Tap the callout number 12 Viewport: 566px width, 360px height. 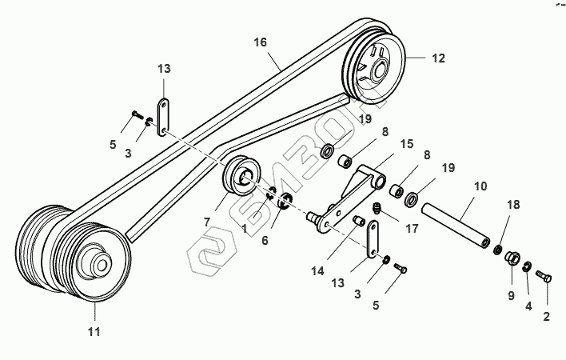pos(438,58)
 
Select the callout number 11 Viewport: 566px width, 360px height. pos(94,331)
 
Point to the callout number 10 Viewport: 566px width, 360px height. pos(480,186)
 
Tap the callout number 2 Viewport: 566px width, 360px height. pos(546,318)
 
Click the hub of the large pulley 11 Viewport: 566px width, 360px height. pos(100,262)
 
